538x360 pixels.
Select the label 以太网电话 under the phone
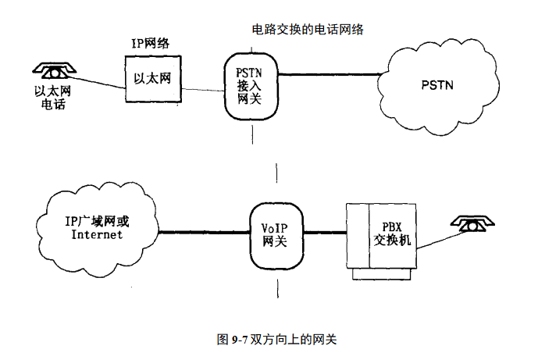coord(52,98)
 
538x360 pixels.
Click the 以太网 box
coord(154,79)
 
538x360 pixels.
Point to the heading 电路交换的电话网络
coord(308,30)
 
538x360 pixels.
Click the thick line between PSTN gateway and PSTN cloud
coord(328,74)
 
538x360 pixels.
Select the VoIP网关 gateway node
coord(275,233)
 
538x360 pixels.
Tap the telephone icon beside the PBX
coord(473,224)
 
